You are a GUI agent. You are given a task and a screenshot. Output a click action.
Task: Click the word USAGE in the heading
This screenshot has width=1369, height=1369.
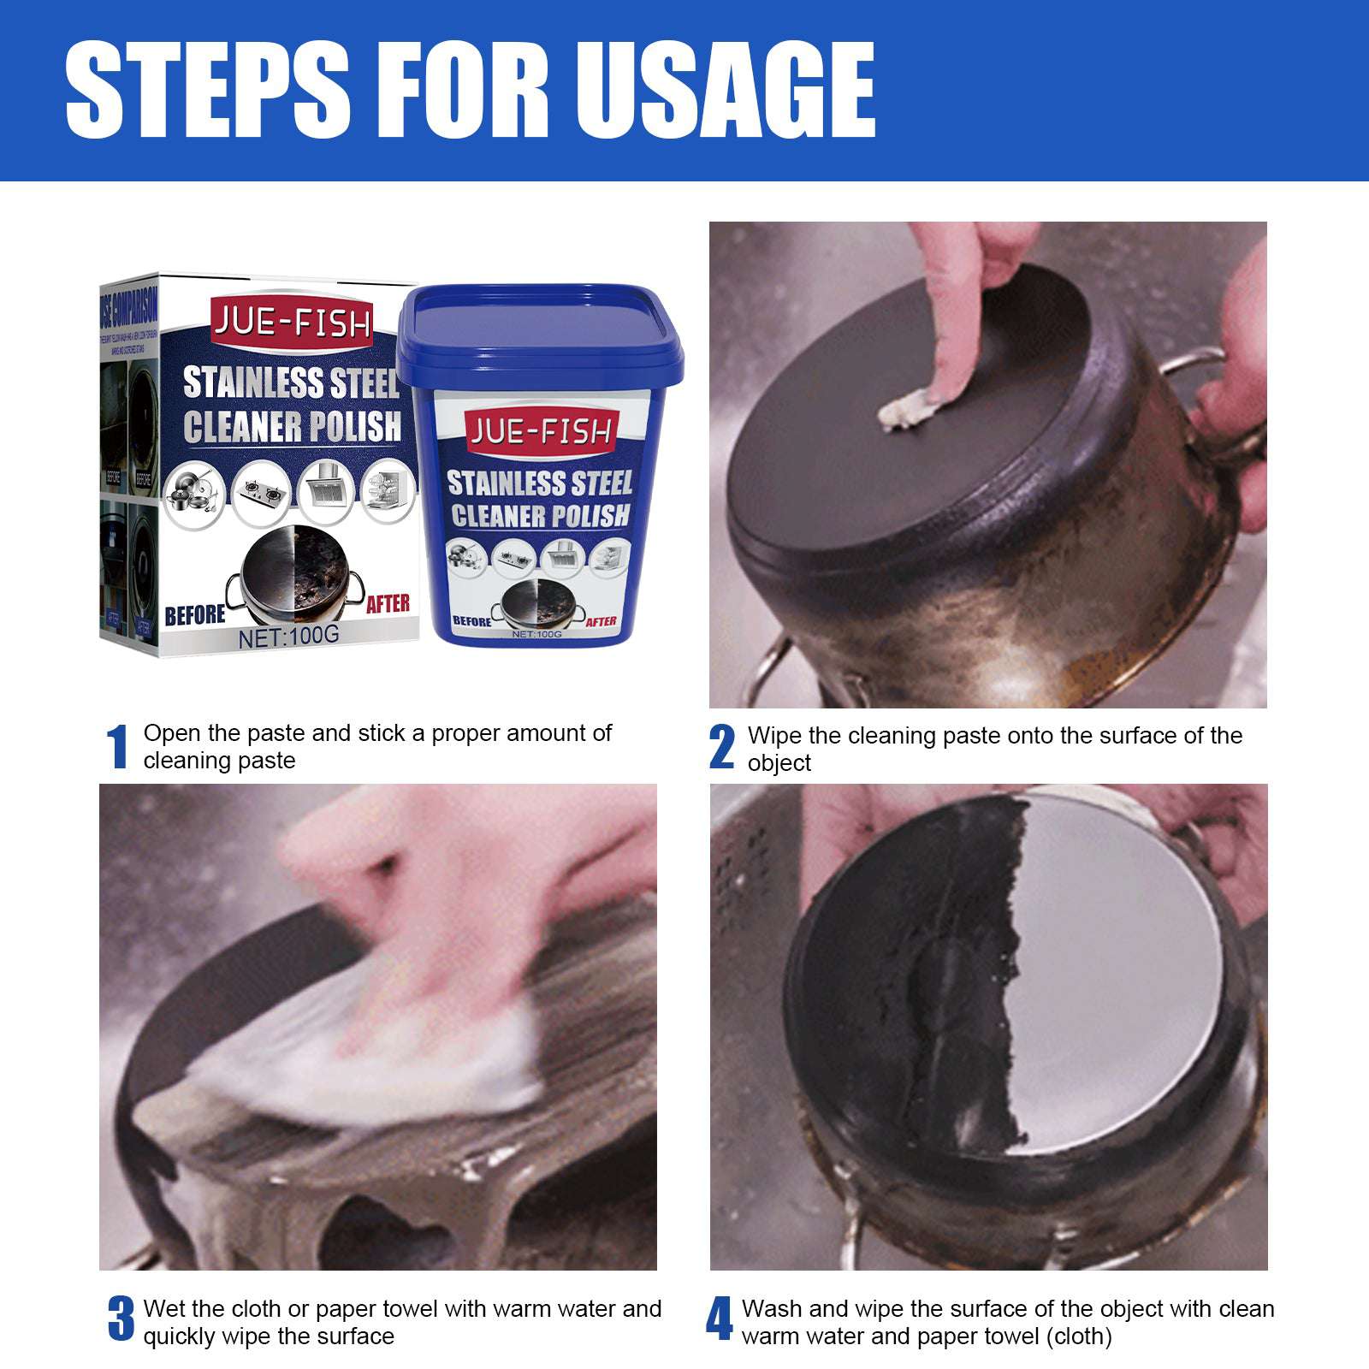(x=727, y=90)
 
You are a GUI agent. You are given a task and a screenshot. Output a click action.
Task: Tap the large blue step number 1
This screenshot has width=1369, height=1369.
(x=117, y=747)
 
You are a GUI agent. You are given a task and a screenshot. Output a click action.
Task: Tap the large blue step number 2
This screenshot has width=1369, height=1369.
(x=721, y=747)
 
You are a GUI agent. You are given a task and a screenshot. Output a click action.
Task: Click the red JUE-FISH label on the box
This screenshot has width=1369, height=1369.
(x=292, y=323)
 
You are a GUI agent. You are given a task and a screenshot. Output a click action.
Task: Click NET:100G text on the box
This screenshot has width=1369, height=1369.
(x=289, y=636)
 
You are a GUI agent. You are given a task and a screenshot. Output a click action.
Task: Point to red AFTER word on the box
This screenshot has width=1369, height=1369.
(x=388, y=604)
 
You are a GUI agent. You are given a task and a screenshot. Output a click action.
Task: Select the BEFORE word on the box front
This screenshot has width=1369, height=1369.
(x=194, y=615)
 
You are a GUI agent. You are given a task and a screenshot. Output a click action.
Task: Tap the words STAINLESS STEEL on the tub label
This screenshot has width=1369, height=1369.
(x=540, y=483)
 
